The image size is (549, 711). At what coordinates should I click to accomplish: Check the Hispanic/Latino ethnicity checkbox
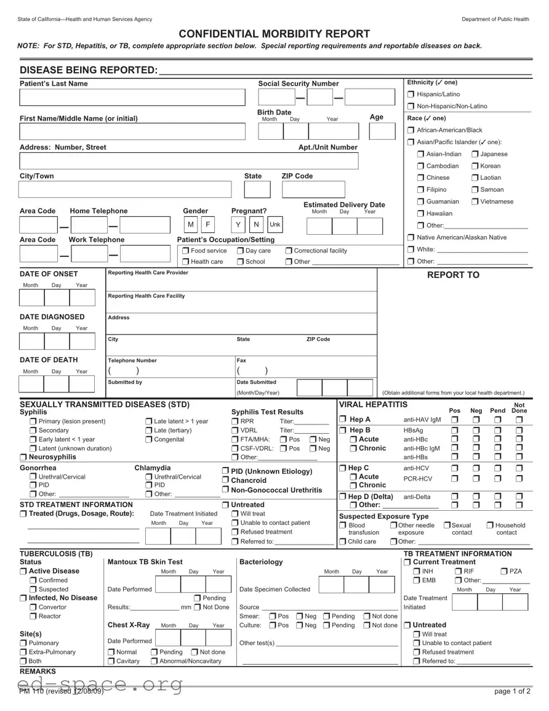411,94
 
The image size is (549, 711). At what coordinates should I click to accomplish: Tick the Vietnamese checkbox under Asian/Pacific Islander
476,201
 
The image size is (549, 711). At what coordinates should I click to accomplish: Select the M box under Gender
190,224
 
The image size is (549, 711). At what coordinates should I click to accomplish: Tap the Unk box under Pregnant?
274,224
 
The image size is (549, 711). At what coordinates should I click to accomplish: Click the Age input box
382,131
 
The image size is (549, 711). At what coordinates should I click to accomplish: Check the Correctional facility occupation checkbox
289,251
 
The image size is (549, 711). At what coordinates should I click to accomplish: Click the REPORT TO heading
453,275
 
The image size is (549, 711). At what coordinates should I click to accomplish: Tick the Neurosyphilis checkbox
23,457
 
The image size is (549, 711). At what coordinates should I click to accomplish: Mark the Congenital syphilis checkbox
149,439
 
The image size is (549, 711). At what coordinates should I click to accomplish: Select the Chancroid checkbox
226,480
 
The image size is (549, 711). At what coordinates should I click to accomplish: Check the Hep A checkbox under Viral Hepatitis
343,420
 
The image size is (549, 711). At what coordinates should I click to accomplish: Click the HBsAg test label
413,430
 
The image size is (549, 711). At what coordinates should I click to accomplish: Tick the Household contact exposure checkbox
490,526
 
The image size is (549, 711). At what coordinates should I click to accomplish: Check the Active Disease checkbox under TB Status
23,571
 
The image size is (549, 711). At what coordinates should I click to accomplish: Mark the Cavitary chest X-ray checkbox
111,661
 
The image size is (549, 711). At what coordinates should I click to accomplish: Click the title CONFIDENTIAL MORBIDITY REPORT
274,34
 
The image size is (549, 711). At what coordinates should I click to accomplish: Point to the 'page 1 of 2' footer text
512,691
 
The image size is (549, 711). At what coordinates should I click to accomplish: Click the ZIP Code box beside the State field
313,190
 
